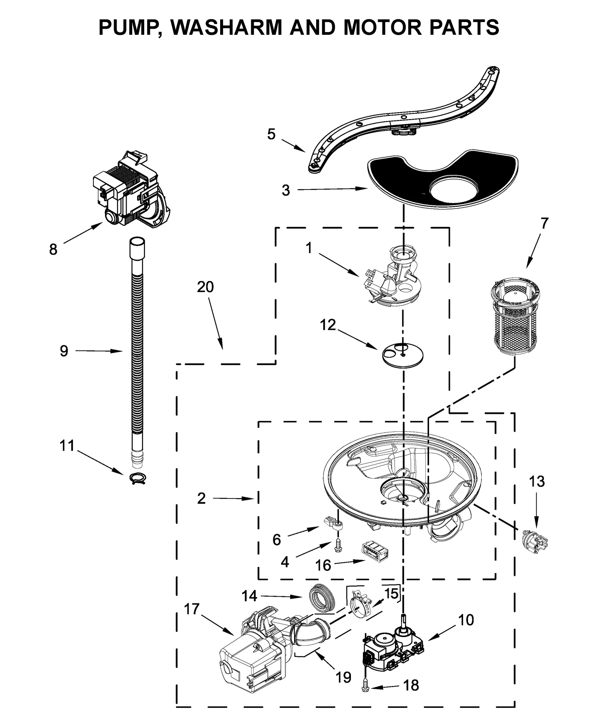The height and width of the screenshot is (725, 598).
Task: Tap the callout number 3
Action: point(286,191)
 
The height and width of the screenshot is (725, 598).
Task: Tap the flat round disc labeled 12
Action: point(403,353)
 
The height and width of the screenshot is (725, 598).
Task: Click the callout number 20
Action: point(205,287)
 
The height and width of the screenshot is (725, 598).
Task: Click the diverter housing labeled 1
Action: point(396,277)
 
